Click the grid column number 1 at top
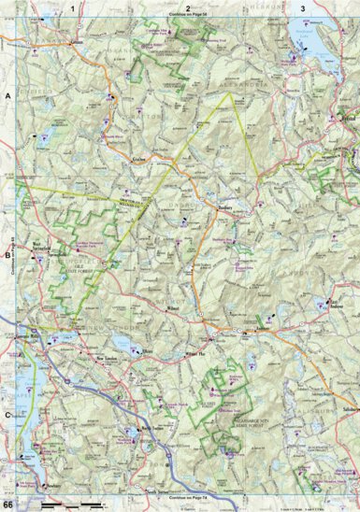coord(71,7)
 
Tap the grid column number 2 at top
coord(188,7)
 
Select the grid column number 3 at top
coord(301,7)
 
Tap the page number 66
coord(7,505)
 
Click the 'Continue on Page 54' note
coord(188,16)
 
